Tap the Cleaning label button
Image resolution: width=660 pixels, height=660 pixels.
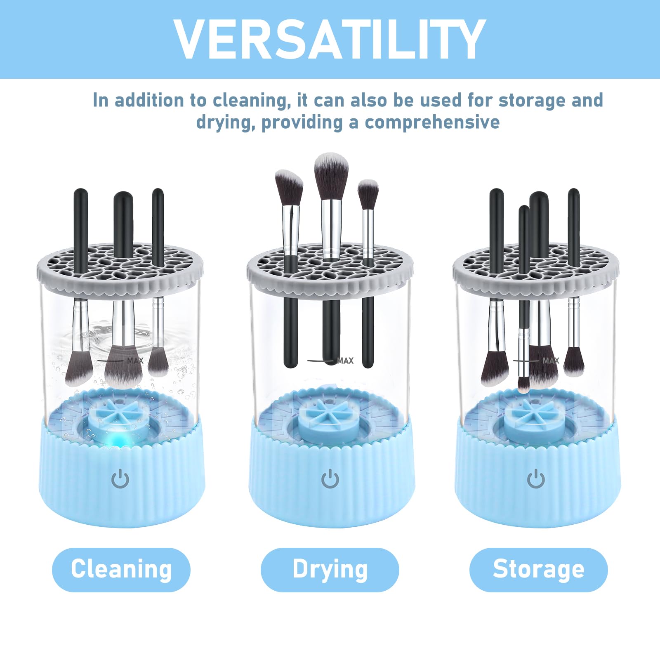pyautogui.click(x=121, y=570)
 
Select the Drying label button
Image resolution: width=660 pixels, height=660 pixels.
pyautogui.click(x=330, y=570)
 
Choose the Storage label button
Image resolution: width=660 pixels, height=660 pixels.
pyautogui.click(x=539, y=570)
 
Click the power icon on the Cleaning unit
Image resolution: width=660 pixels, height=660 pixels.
pyautogui.click(x=120, y=478)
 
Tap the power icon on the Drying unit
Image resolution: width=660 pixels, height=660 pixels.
pyautogui.click(x=330, y=478)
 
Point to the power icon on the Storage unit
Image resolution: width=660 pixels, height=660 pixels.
pyautogui.click(x=536, y=478)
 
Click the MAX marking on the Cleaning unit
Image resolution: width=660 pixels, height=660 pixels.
pyautogui.click(x=135, y=361)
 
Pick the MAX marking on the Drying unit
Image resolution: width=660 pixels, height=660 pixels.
pyautogui.click(x=345, y=361)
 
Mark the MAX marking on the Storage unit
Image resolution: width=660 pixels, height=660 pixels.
pyautogui.click(x=551, y=361)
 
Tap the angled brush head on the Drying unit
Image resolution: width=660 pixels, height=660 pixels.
pyautogui.click(x=289, y=188)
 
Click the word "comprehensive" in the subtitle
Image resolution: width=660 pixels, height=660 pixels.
pyautogui.click(x=432, y=123)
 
